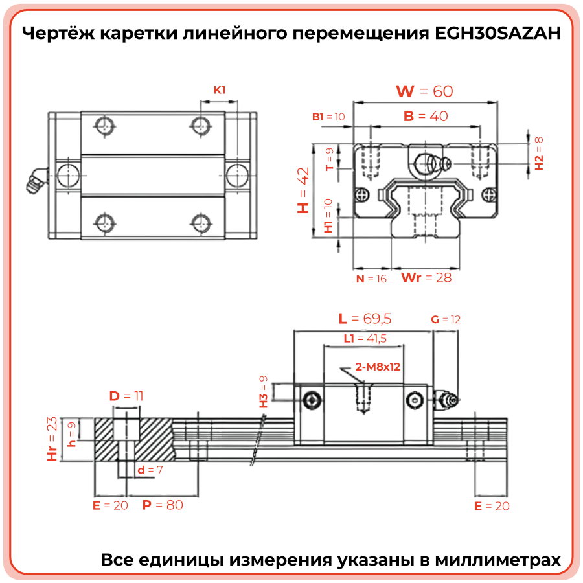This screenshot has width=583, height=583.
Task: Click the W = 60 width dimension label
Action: pyautogui.click(x=424, y=91)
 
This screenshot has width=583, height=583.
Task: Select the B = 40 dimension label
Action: pyautogui.click(x=426, y=116)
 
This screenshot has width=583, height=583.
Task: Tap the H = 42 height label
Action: pyautogui.click(x=303, y=190)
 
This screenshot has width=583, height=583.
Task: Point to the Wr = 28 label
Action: pyautogui.click(x=426, y=277)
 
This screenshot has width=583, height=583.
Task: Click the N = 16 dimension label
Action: pyautogui.click(x=371, y=279)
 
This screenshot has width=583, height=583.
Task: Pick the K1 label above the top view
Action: pyautogui.click(x=220, y=90)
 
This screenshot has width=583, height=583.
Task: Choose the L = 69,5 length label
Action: pyautogui.click(x=365, y=319)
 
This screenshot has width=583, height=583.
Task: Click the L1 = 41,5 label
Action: pyautogui.click(x=365, y=338)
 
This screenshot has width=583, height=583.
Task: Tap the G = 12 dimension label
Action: pyautogui.click(x=446, y=319)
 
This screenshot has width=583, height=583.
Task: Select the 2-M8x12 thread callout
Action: pyautogui.click(x=378, y=367)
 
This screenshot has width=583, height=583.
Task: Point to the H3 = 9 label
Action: pyautogui.click(x=263, y=391)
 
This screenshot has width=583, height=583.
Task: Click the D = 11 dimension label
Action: pyautogui.click(x=126, y=396)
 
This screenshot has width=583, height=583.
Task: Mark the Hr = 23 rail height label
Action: pyautogui.click(x=52, y=439)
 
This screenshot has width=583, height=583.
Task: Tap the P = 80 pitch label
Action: pyautogui.click(x=163, y=505)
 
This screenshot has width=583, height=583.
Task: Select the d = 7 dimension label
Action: pyautogui.click(x=150, y=470)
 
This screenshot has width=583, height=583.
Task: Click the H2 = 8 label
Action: pyautogui.click(x=539, y=153)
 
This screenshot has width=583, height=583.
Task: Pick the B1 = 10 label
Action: pyautogui.click(x=328, y=117)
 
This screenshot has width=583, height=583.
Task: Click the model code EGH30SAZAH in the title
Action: pyautogui.click(x=497, y=33)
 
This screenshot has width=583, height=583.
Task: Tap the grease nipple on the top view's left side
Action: pyautogui.click(x=37, y=180)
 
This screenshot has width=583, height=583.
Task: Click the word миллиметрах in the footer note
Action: pyautogui.click(x=498, y=560)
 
